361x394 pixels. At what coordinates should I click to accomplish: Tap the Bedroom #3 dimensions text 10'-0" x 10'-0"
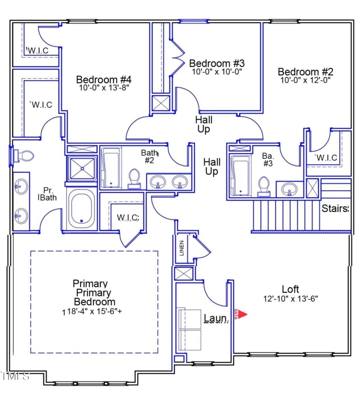coord(217,71)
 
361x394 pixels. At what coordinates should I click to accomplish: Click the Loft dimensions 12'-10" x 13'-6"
coord(291,299)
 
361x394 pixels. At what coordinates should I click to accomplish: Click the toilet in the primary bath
coord(24,156)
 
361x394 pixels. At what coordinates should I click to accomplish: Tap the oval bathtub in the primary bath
coord(82,209)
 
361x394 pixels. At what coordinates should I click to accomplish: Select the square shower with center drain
coord(82,168)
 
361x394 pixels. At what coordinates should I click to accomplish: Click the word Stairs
coord(335,209)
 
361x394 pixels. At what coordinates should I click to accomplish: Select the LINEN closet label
coord(182,249)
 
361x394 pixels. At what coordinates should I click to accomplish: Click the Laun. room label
coord(216,318)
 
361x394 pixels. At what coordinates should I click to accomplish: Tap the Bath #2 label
coord(148,157)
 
